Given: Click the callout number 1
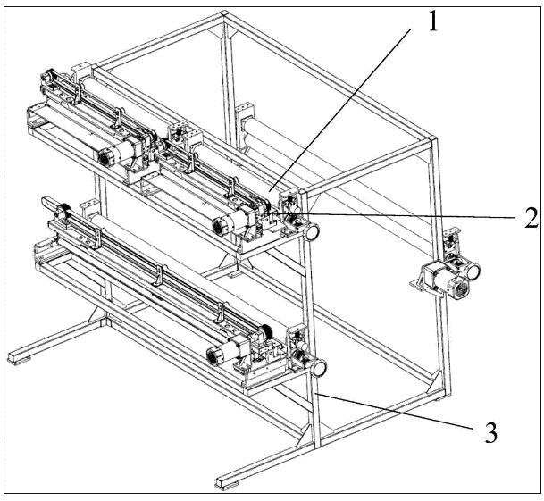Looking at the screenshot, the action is tap(432, 21).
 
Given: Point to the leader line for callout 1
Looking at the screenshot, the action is tap(339, 110).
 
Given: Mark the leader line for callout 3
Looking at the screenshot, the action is tap(395, 412).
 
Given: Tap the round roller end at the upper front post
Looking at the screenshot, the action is tap(312, 231).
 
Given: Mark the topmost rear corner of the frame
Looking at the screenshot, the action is tap(224, 13).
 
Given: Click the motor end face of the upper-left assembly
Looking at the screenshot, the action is tap(104, 159).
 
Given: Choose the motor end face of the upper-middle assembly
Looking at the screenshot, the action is tap(219, 227).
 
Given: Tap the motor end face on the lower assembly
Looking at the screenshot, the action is tap(213, 356).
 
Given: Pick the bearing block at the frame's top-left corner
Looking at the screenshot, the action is tap(81, 72).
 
